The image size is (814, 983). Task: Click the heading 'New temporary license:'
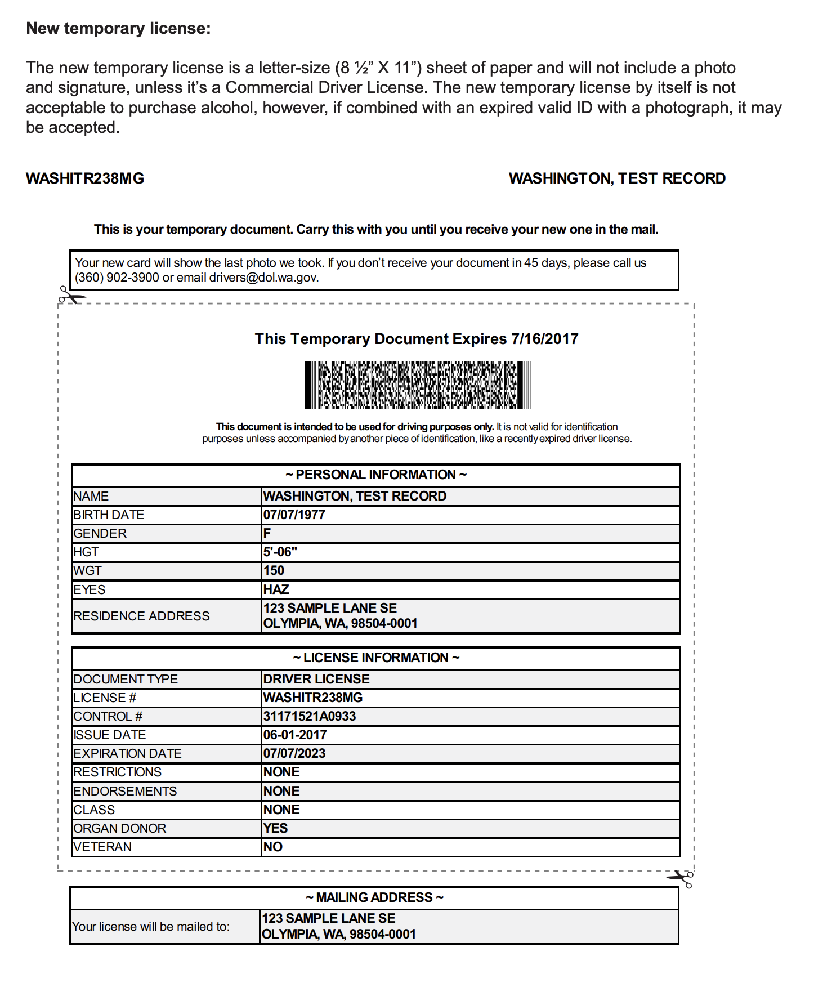tap(118, 28)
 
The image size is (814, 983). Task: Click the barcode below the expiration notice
tap(418, 385)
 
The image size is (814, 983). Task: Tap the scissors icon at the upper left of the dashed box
tap(71, 295)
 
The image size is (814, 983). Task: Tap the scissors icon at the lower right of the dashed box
tap(681, 878)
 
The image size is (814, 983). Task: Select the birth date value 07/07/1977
tap(294, 515)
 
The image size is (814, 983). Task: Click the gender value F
tap(267, 533)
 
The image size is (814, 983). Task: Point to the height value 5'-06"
tap(280, 552)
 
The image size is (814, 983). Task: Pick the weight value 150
tap(274, 570)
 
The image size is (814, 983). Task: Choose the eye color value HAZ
tap(276, 589)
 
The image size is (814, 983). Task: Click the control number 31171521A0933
tap(310, 716)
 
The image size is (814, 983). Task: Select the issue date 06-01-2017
tap(295, 735)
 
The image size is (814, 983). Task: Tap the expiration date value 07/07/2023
tap(294, 753)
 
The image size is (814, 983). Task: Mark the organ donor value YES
tap(275, 828)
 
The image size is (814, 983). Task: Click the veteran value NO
tap(272, 847)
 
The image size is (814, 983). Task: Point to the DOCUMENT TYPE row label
tap(126, 679)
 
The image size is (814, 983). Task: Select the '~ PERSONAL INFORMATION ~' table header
tap(375, 475)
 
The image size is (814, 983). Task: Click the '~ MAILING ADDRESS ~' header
tap(374, 897)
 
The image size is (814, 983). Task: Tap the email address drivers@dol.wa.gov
tap(263, 278)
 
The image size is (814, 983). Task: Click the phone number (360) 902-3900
tap(117, 278)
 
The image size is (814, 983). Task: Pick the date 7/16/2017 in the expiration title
tap(544, 339)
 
